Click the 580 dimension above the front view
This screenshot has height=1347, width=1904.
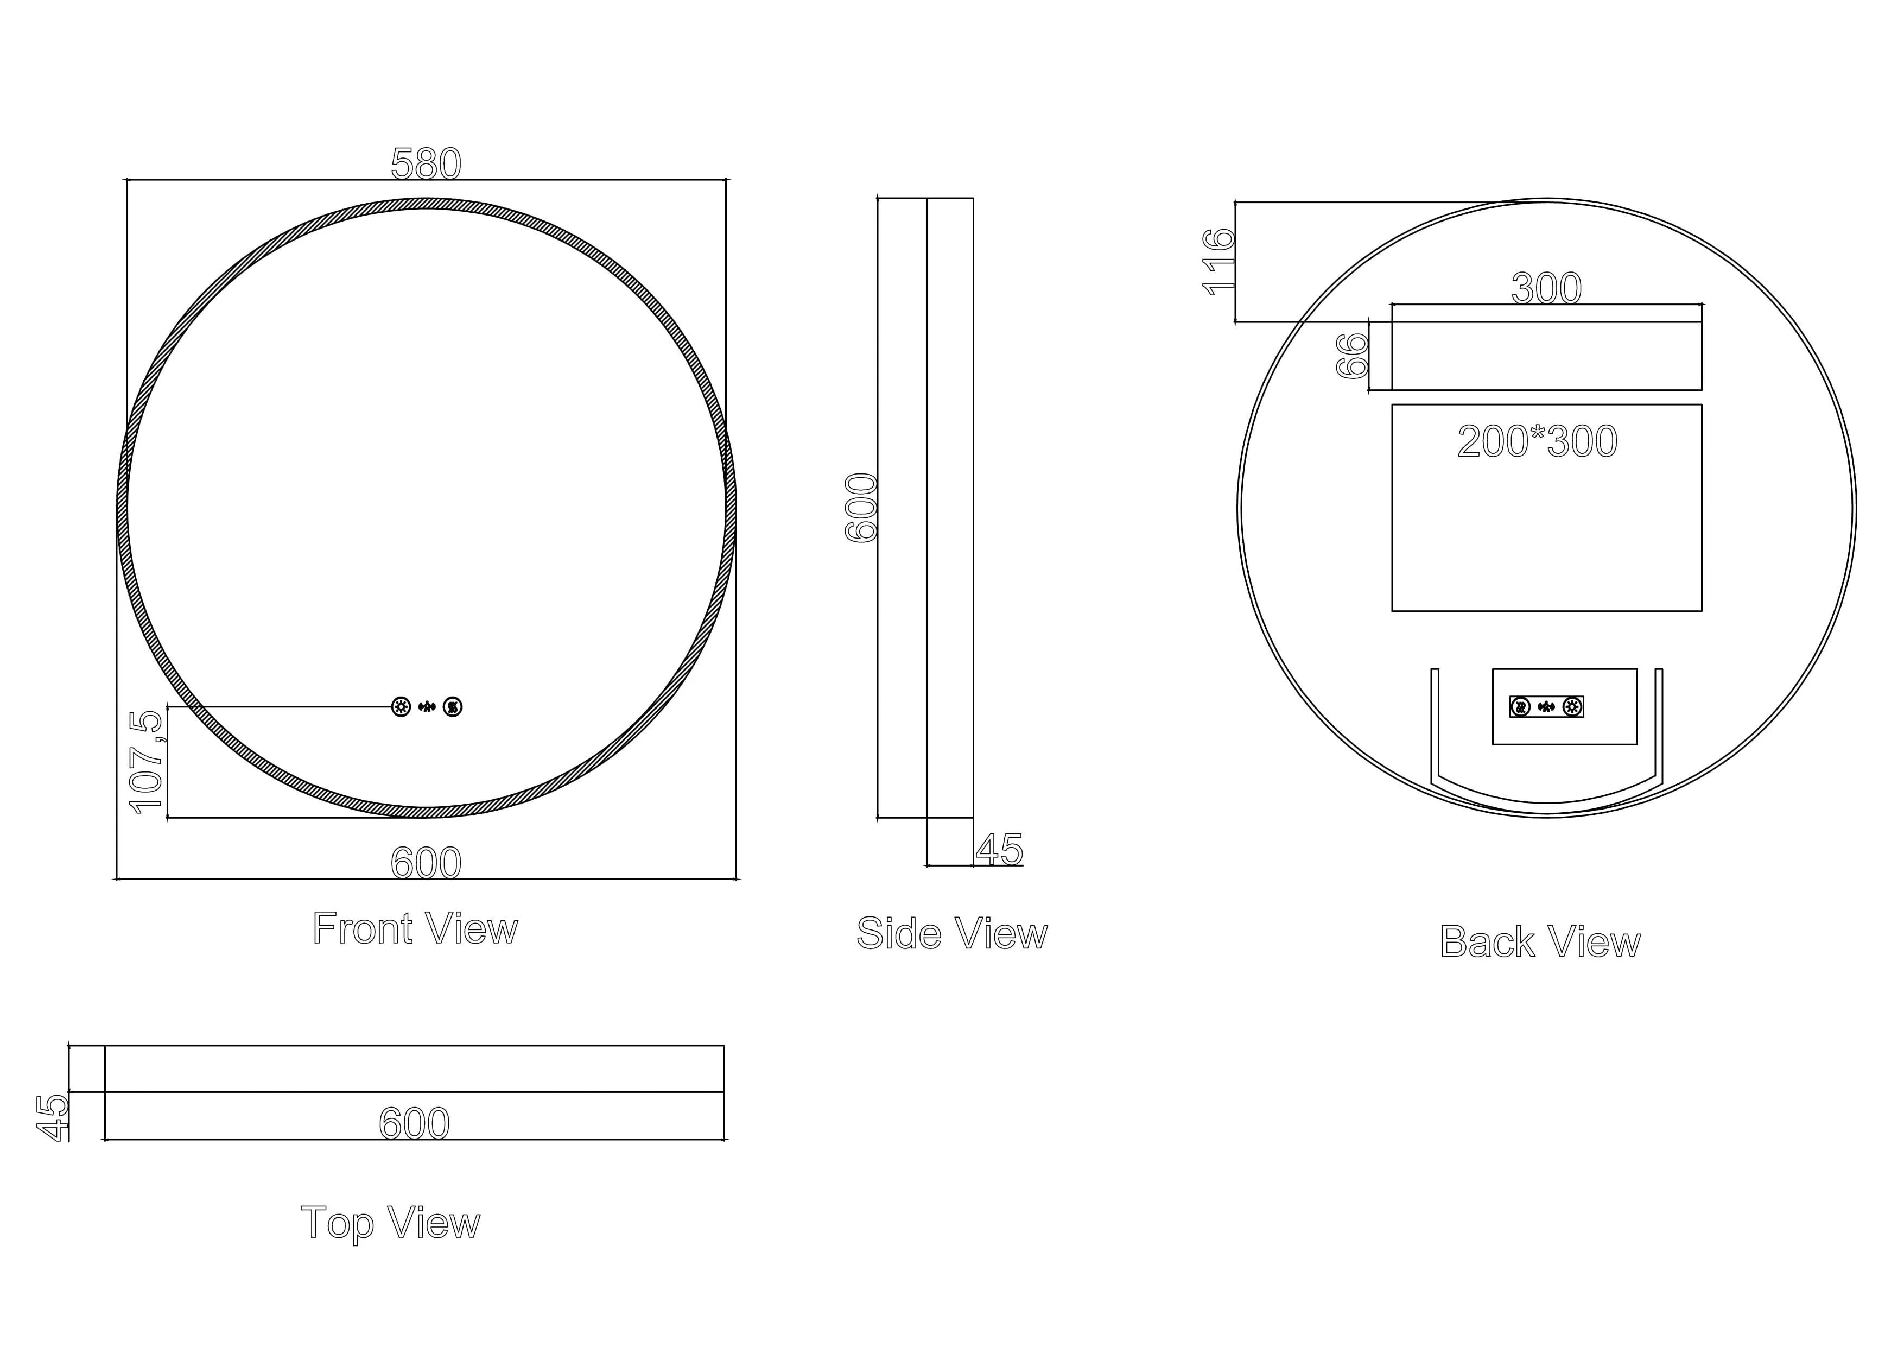(x=426, y=163)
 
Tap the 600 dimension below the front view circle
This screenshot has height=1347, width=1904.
(x=426, y=863)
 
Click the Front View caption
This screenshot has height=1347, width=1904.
(x=415, y=928)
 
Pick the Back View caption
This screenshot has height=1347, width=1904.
(x=1540, y=941)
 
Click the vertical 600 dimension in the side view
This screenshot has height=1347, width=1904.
(x=861, y=508)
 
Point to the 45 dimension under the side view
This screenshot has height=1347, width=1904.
(x=999, y=849)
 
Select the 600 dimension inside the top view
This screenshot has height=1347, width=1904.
(x=414, y=1123)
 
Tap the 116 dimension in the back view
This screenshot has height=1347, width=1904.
(x=1219, y=262)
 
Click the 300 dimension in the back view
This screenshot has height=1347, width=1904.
(x=1546, y=288)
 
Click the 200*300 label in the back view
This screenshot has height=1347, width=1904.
(x=1537, y=441)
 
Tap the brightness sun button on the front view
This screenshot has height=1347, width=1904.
(x=401, y=707)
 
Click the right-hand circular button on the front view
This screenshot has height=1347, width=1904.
(x=453, y=707)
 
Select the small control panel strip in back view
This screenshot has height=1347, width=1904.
(x=1546, y=707)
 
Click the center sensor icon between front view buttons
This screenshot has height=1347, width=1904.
(x=427, y=707)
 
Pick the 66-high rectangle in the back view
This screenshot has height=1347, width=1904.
(x=1546, y=356)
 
